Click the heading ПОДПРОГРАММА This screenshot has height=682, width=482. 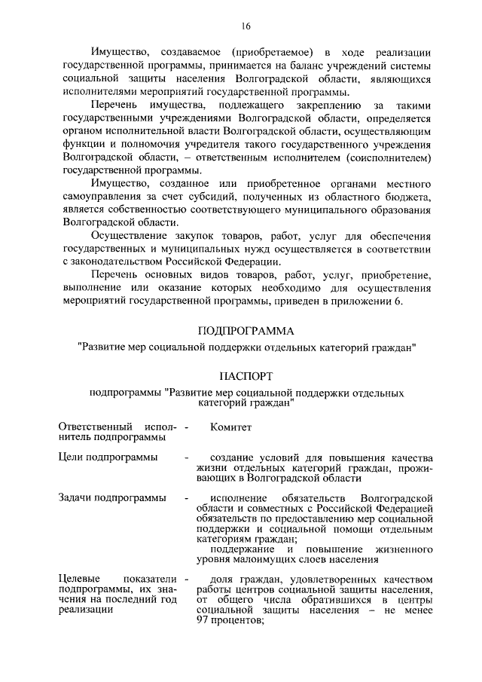coord(246,331)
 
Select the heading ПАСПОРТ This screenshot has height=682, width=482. coord(246,375)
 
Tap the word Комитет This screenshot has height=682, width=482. coord(231,427)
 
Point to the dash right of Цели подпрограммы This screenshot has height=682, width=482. coord(185,457)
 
